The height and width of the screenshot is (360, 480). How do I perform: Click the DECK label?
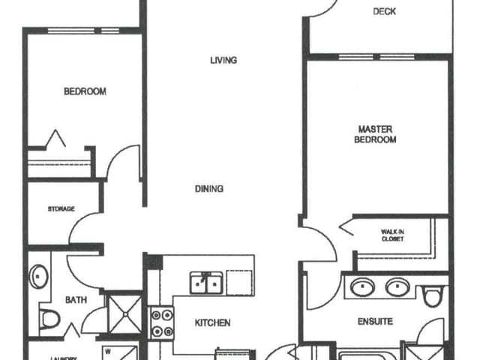point(384,11)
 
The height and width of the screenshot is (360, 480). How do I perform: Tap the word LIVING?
point(223,60)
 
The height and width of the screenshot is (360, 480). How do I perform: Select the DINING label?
point(209,189)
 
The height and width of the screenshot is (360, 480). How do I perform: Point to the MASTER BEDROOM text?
point(376,134)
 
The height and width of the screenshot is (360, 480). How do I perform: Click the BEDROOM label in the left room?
point(85,91)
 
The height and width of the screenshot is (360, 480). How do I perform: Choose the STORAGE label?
point(61,208)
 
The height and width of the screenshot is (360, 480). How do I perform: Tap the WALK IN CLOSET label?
point(392,235)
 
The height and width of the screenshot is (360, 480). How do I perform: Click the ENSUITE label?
point(374,322)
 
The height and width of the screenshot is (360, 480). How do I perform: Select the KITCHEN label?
point(212,323)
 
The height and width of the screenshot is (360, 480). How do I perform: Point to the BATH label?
point(75,300)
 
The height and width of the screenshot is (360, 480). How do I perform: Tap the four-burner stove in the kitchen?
point(161,322)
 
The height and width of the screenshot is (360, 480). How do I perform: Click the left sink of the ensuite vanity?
point(364,286)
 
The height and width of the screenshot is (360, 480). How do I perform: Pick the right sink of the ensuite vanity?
point(397,286)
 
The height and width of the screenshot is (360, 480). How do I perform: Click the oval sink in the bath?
point(37,276)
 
